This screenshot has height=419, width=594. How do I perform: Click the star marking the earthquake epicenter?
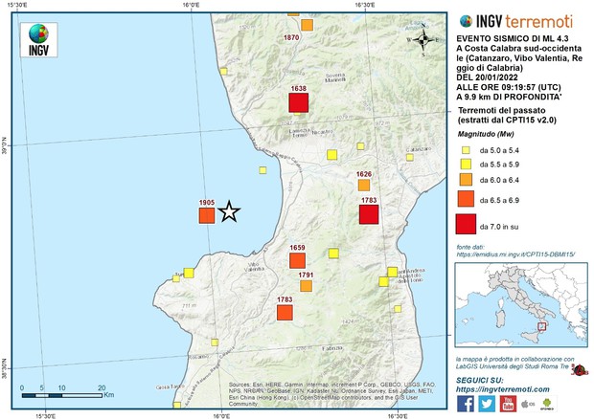pyautogui.click(x=229, y=211)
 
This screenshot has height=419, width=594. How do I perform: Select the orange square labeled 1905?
pyautogui.click(x=206, y=216)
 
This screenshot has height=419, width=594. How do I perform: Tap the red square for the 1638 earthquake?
pyautogui.click(x=299, y=102)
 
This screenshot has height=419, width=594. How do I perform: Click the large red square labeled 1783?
pyautogui.click(x=369, y=213)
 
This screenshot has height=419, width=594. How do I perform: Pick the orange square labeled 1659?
pyautogui.click(x=297, y=260)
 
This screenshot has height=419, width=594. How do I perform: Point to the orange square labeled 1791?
pyautogui.click(x=306, y=285)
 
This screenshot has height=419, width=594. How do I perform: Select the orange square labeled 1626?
pyautogui.click(x=364, y=186)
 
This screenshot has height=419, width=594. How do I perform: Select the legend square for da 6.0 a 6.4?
pyautogui.click(x=465, y=179)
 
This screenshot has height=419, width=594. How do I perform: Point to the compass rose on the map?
pyautogui.click(x=422, y=40)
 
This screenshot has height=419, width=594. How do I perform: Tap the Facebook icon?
pyautogui.click(x=466, y=403)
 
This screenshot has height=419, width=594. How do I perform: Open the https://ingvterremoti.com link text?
pyautogui.click(x=501, y=389)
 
